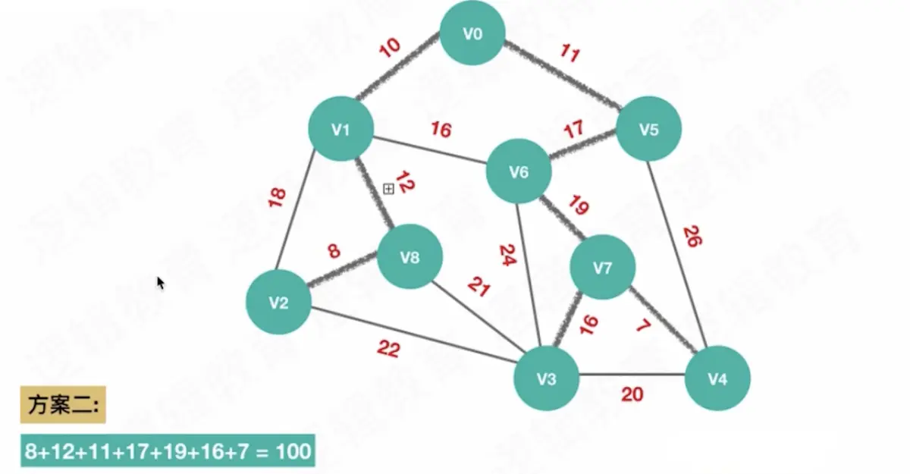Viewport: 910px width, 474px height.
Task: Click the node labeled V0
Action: (472, 33)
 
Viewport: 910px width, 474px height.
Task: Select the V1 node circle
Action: (340, 130)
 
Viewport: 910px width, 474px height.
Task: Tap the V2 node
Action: (278, 303)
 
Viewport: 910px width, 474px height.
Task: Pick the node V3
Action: (546, 377)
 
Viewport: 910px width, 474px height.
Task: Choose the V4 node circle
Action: (717, 378)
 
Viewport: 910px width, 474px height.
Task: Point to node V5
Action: (648, 129)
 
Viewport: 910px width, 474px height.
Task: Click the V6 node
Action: (519, 172)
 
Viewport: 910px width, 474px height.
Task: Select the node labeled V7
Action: (603, 268)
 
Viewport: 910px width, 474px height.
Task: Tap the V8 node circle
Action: (409, 257)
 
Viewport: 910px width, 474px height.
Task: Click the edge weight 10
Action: (389, 49)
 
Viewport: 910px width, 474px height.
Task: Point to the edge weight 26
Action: (692, 236)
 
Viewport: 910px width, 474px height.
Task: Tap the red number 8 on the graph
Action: (334, 252)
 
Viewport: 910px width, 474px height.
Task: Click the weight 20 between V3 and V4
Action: (632, 394)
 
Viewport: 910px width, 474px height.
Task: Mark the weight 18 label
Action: (277, 197)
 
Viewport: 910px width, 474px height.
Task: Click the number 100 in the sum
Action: (293, 451)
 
